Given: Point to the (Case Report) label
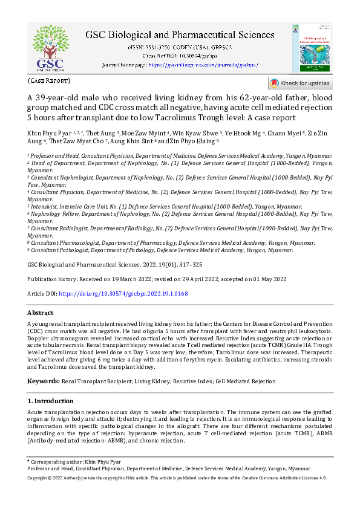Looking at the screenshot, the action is (49, 80).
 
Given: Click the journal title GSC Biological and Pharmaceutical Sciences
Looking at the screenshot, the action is (180, 35).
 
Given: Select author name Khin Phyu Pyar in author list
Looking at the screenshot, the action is (49, 132).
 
